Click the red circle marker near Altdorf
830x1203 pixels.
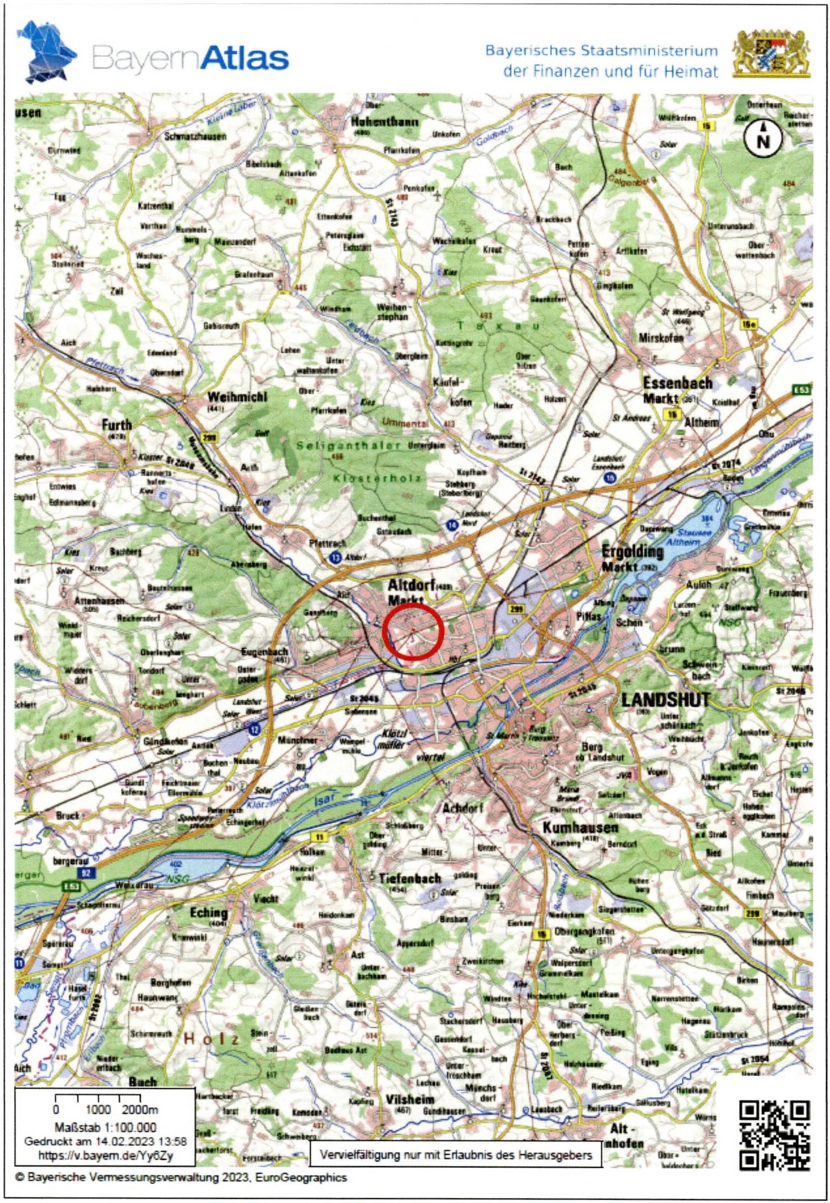click(x=412, y=631)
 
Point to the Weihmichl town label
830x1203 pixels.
click(x=237, y=397)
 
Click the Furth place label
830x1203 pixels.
click(x=117, y=425)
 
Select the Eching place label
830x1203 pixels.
click(x=208, y=913)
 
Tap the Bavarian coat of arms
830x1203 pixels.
click(x=771, y=54)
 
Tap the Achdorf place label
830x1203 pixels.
click(x=463, y=808)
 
